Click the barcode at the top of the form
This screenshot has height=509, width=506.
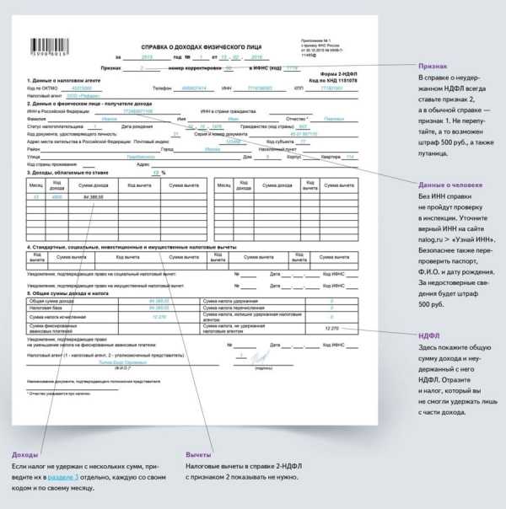[50, 48]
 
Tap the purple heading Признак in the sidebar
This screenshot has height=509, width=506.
[433, 66]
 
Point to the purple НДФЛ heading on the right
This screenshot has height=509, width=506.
[429, 335]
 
